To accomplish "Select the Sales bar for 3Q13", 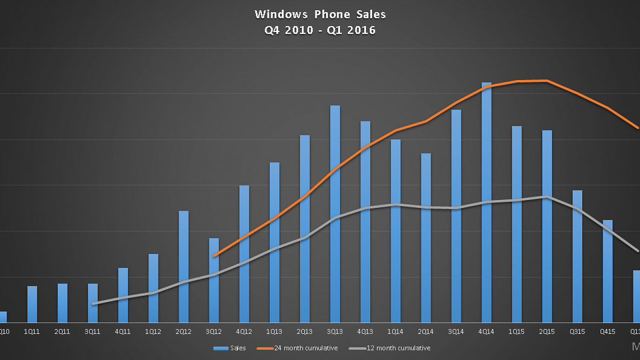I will [x=335, y=214].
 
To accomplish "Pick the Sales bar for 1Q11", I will [x=32, y=304].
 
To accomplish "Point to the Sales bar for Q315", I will [x=577, y=256].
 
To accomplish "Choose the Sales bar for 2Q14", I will [x=426, y=238].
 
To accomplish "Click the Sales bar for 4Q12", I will [x=244, y=254].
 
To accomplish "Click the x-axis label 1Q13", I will [x=274, y=332].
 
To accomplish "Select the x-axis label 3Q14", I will [x=456, y=332].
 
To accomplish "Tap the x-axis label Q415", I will [x=607, y=332].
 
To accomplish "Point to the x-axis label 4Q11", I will [x=123, y=332].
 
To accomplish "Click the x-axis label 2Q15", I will [x=547, y=332].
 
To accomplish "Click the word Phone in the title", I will [x=333, y=14].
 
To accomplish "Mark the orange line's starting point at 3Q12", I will [x=214, y=256].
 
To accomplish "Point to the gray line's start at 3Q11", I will [x=93, y=304].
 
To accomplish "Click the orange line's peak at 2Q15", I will [x=547, y=80].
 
